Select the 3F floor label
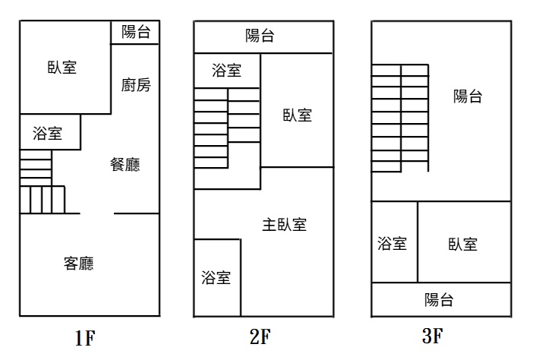click(432, 336)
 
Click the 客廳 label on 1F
click(79, 264)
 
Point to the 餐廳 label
click(125, 165)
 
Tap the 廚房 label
click(136, 84)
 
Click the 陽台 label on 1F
click(136, 32)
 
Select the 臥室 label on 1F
click(61, 67)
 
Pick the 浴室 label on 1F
click(48, 134)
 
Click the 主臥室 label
click(285, 224)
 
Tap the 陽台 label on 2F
click(260, 36)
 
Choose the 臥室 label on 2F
click(298, 115)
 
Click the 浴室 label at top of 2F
click(227, 71)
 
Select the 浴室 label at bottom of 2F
click(216, 277)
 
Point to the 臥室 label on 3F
click(462, 244)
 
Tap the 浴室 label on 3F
click(393, 244)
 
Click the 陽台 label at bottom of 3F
click(440, 299)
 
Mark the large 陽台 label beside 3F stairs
click(468, 96)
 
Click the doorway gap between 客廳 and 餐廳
click(97, 213)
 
